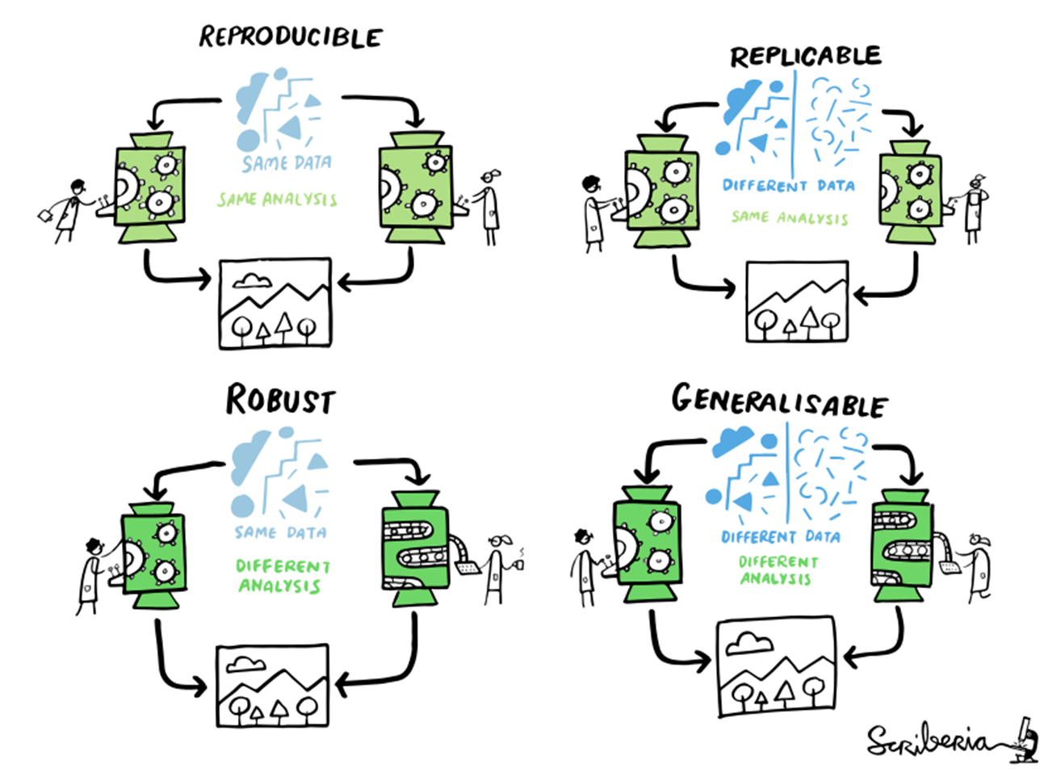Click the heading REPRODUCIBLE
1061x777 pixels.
[x=291, y=36]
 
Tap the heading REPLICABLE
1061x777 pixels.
[x=805, y=56]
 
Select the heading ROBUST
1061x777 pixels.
[x=279, y=400]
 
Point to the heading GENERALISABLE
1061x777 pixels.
[x=779, y=401]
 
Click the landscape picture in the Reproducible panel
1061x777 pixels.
[x=275, y=304]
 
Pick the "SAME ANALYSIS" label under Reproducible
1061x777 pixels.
[x=277, y=199]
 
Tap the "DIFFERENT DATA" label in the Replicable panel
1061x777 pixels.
[x=788, y=185]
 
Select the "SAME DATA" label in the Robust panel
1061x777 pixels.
[x=281, y=532]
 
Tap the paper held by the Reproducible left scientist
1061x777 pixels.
[x=45, y=214]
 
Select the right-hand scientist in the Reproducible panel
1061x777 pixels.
[x=489, y=204]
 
